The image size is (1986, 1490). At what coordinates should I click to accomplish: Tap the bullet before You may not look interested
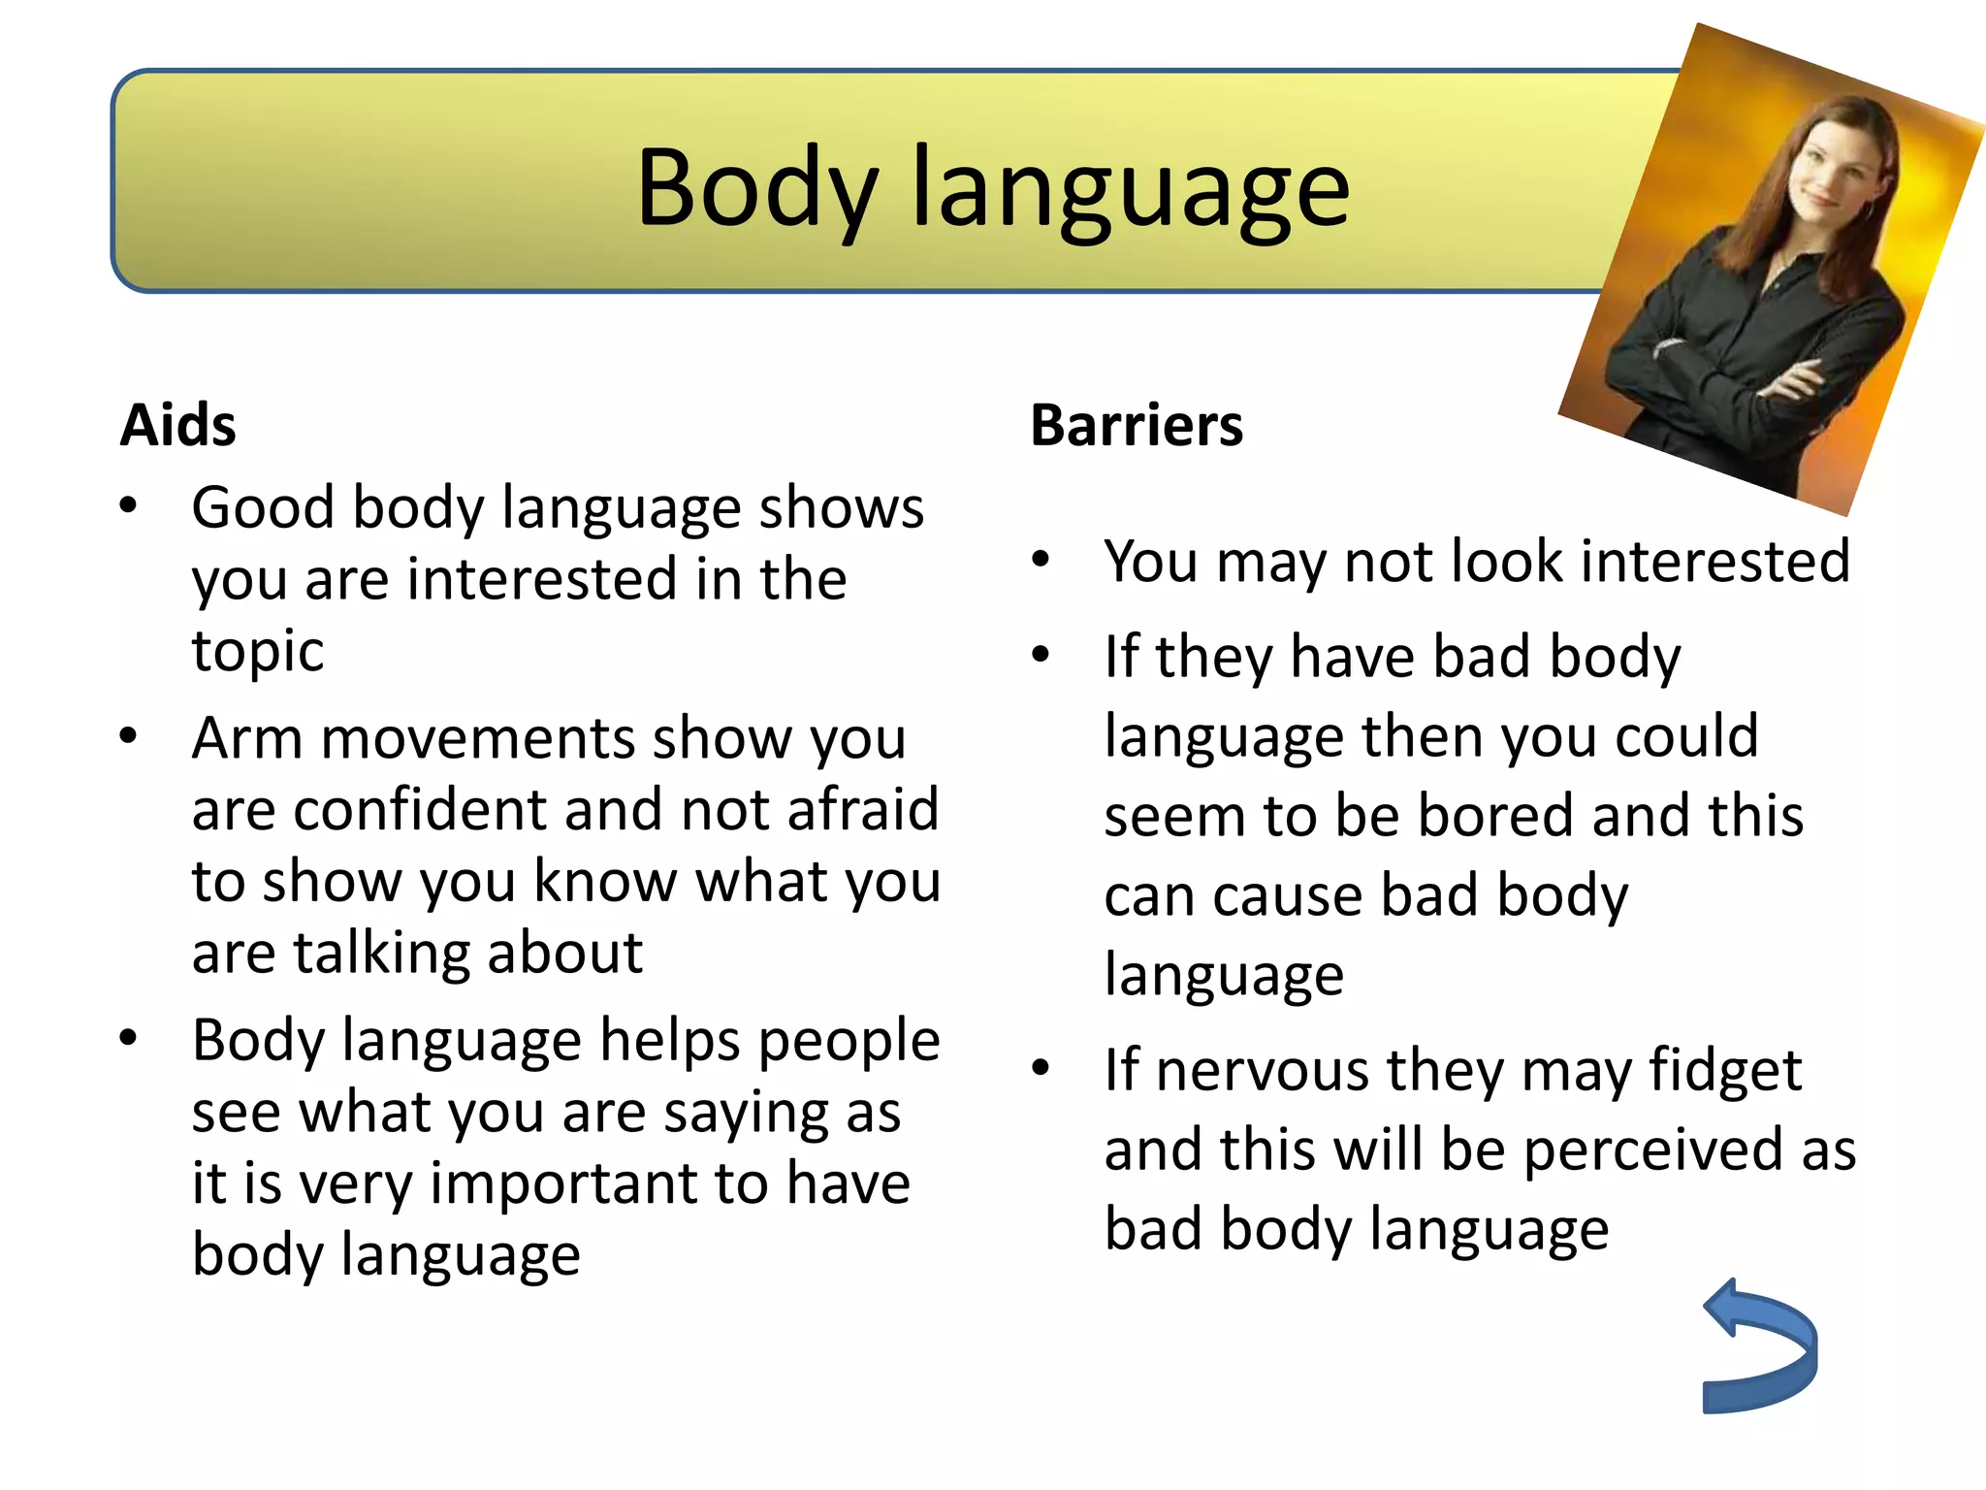tap(1041, 560)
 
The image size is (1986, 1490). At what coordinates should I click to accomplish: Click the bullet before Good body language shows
tap(128, 505)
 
